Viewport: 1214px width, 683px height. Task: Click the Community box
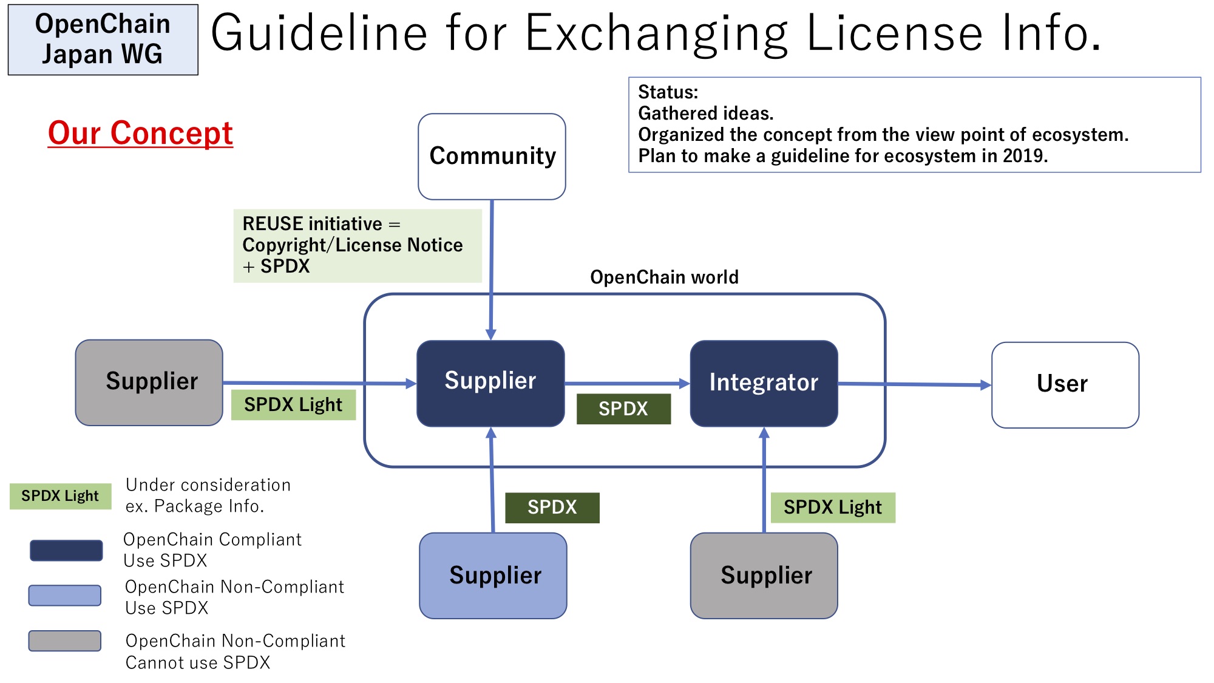[x=492, y=157]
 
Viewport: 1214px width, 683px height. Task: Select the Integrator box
[x=764, y=383]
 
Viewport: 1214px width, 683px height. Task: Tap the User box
[x=1065, y=385]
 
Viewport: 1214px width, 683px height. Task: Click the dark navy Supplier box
[x=491, y=383]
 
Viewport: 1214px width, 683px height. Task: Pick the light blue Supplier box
[x=493, y=576]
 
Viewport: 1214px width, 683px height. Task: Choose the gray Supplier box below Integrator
[x=764, y=576]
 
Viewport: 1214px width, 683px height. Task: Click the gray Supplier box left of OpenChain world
[x=149, y=382]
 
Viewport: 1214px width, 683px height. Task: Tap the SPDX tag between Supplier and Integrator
[x=623, y=409]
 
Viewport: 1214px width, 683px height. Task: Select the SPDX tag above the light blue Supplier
[x=552, y=508]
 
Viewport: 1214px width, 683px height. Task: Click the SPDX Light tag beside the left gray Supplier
[x=293, y=404]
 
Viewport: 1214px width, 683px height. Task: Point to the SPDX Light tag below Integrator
[x=833, y=508]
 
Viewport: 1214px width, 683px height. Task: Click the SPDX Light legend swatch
[x=61, y=496]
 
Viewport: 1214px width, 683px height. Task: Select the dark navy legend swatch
[x=66, y=551]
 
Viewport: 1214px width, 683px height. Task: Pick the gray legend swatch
[x=65, y=641]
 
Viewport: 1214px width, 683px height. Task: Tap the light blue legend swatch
[x=65, y=596]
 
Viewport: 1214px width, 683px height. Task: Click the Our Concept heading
[x=140, y=133]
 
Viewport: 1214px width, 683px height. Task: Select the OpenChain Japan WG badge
[x=103, y=39]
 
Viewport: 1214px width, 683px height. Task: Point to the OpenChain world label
[x=665, y=277]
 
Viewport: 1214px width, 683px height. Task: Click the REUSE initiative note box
[x=358, y=246]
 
